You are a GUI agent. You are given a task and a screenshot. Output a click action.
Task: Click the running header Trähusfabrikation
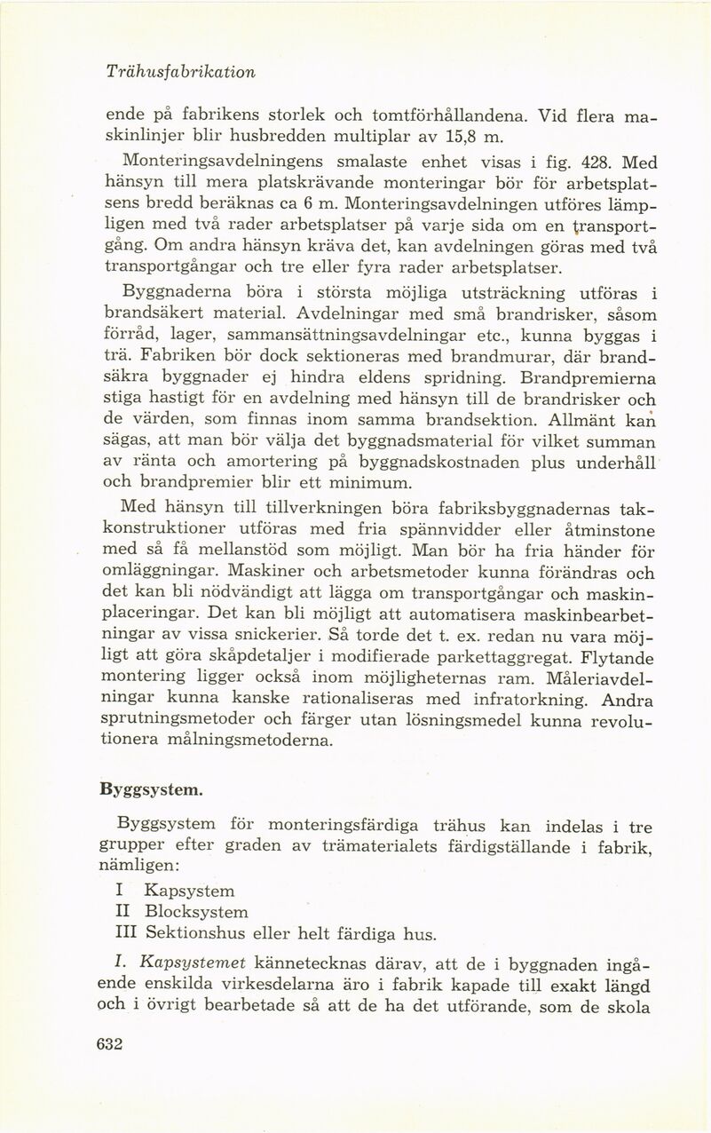(180, 72)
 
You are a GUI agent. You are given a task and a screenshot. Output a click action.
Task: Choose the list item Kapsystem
(189, 890)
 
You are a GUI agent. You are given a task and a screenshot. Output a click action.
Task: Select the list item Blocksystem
(196, 912)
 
